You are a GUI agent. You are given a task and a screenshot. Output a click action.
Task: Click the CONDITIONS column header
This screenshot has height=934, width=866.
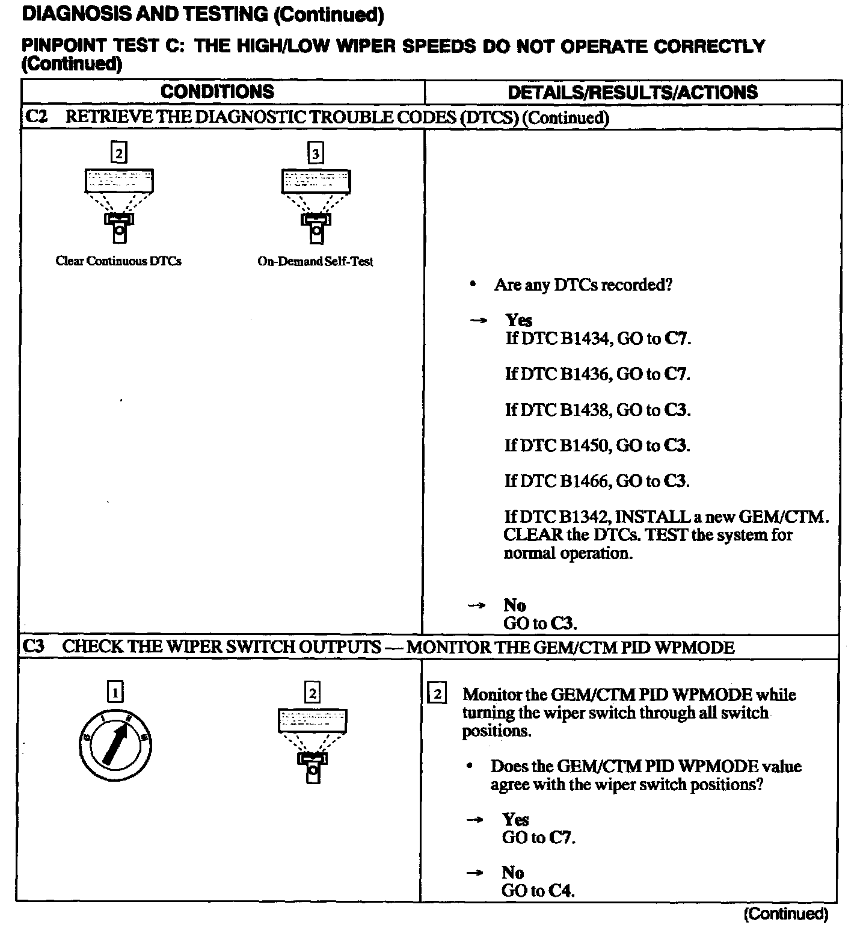[217, 92]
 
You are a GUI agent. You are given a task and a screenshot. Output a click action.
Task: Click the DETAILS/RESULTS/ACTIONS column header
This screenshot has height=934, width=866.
[632, 93]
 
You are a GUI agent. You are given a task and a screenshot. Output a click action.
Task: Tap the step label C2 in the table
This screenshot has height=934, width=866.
[36, 117]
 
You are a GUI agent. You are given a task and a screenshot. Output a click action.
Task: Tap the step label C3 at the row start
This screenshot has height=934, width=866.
[34, 647]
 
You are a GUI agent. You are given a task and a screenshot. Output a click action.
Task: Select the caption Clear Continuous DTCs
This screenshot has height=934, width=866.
[118, 261]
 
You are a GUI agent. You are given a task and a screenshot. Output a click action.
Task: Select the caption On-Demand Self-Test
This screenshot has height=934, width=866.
[315, 262]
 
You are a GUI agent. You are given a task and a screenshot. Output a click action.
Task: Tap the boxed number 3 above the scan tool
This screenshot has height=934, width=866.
[316, 154]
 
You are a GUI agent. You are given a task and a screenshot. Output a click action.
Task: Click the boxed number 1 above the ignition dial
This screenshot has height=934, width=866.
[115, 692]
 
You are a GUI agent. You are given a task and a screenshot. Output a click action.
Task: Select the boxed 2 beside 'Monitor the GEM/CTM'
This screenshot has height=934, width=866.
[437, 695]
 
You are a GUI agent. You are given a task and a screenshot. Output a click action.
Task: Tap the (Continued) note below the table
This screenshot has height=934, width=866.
[786, 915]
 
